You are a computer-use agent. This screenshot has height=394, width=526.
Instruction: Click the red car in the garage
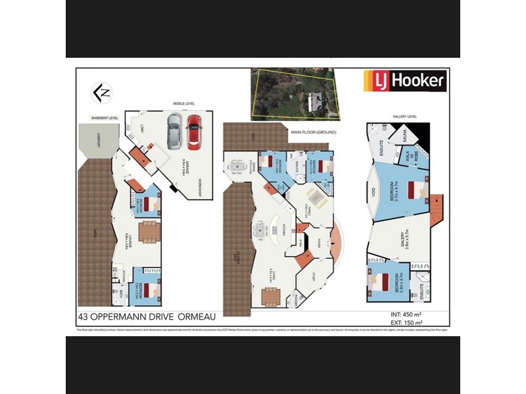tap(193, 132)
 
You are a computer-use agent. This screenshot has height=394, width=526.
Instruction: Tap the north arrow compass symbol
tap(101, 93)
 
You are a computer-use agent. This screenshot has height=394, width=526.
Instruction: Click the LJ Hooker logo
tap(406, 81)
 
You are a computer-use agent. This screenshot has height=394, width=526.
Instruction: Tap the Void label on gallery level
tap(373, 195)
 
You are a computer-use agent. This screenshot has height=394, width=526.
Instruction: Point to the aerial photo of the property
tap(293, 95)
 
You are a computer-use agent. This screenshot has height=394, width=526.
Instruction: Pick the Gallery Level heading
tap(404, 116)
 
